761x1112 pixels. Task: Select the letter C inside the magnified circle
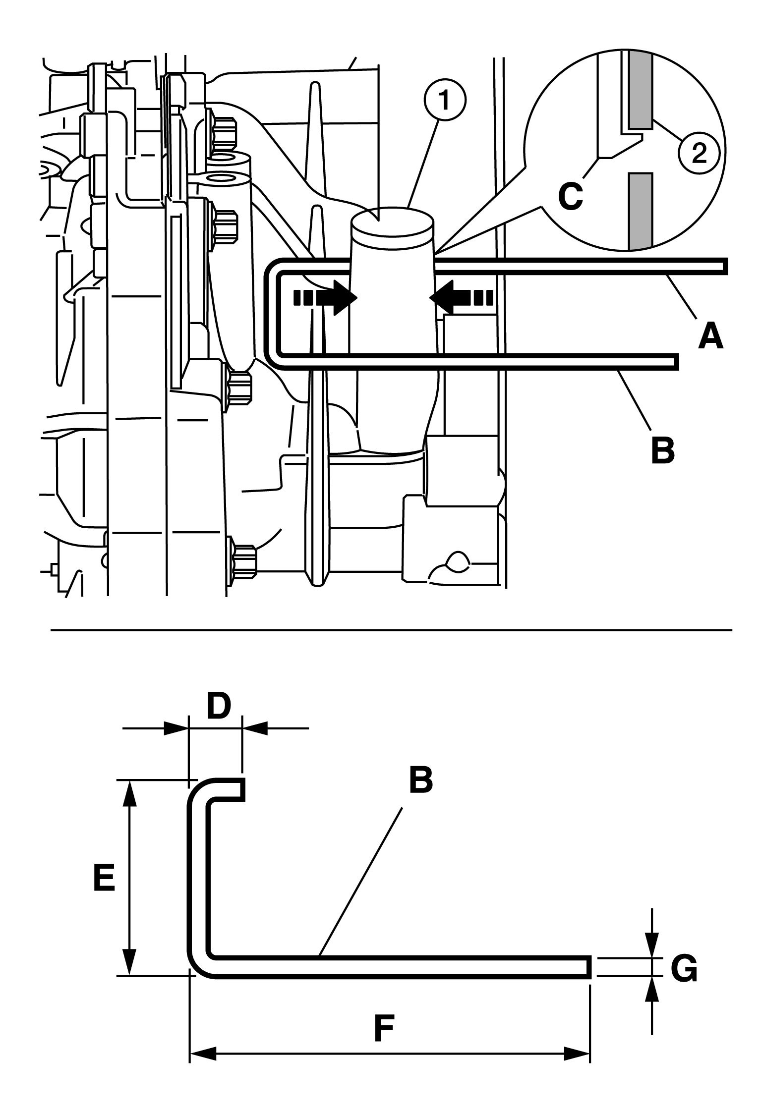coord(570,197)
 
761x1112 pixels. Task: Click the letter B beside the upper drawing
coord(662,448)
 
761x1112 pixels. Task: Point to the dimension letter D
coord(219,707)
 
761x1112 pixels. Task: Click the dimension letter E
coord(104,878)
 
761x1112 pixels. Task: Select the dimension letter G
coord(684,967)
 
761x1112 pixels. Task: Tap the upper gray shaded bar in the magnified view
coord(641,89)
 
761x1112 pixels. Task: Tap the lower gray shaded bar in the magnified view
coord(641,210)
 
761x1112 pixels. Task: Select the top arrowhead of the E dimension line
coord(129,793)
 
